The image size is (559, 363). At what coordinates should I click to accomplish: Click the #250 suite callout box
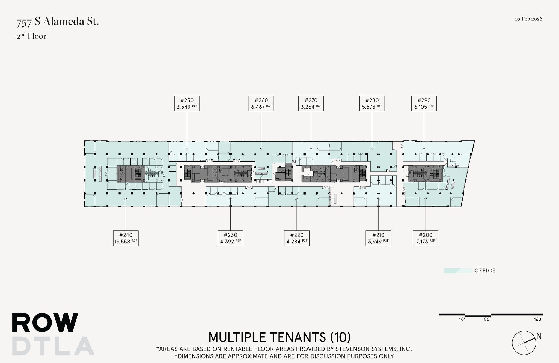pyautogui.click(x=187, y=103)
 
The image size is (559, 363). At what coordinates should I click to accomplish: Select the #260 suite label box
pyautogui.click(x=261, y=103)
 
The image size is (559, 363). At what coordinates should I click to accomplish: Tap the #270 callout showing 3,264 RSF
pyautogui.click(x=311, y=103)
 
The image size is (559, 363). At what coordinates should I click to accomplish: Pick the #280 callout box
pyautogui.click(x=372, y=103)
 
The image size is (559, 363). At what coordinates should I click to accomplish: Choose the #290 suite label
pyautogui.click(x=424, y=103)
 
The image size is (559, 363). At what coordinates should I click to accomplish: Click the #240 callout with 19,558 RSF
pyautogui.click(x=126, y=238)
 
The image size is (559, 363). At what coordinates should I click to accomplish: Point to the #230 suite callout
pyautogui.click(x=230, y=238)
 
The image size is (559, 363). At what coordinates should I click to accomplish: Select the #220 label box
pyautogui.click(x=297, y=238)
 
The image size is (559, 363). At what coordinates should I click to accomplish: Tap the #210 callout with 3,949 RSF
pyautogui.click(x=378, y=238)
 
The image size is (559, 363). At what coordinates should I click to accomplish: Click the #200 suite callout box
pyautogui.click(x=426, y=238)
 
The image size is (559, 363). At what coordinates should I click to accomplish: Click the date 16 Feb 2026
pyautogui.click(x=528, y=19)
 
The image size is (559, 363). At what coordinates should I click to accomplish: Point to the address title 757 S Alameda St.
pyautogui.click(x=58, y=22)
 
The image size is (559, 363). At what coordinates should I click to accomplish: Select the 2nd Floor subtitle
pyautogui.click(x=31, y=36)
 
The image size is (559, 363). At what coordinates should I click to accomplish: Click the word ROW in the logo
pyautogui.click(x=45, y=323)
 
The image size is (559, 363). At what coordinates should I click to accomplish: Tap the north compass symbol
pyautogui.click(x=524, y=343)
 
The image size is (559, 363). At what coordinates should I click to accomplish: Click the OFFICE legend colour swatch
pyautogui.click(x=458, y=271)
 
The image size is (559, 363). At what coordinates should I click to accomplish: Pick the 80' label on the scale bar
pyautogui.click(x=487, y=319)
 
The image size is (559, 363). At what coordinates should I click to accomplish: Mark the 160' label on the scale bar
pyautogui.click(x=538, y=319)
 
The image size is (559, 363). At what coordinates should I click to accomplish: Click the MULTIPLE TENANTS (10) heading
pyautogui.click(x=279, y=337)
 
